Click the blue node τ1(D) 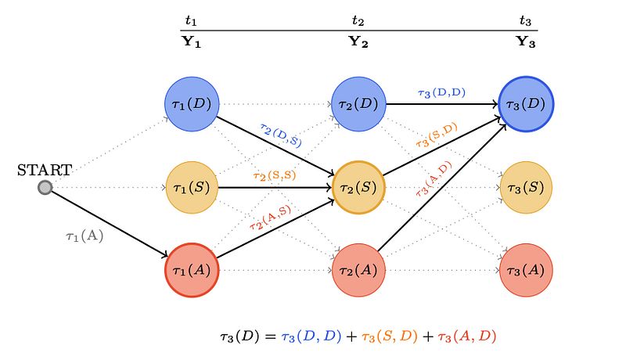point(192,104)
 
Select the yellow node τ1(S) point(192,188)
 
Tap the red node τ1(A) point(192,270)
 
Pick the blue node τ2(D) point(358,104)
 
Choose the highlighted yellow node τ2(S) point(358,188)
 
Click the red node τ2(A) point(358,270)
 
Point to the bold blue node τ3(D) point(526,104)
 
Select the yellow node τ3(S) point(526,188)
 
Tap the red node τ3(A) point(526,270)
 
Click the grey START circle point(45,187)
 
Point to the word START point(45,170)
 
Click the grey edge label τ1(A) point(85,236)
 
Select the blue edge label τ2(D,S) point(281,135)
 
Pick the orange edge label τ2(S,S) point(275,175)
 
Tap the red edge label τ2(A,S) point(270,218)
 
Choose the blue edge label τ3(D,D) point(441,93)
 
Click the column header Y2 point(358,41)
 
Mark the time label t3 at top point(525,20)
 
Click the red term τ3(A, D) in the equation point(466,337)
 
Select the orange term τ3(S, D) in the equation point(389,337)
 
